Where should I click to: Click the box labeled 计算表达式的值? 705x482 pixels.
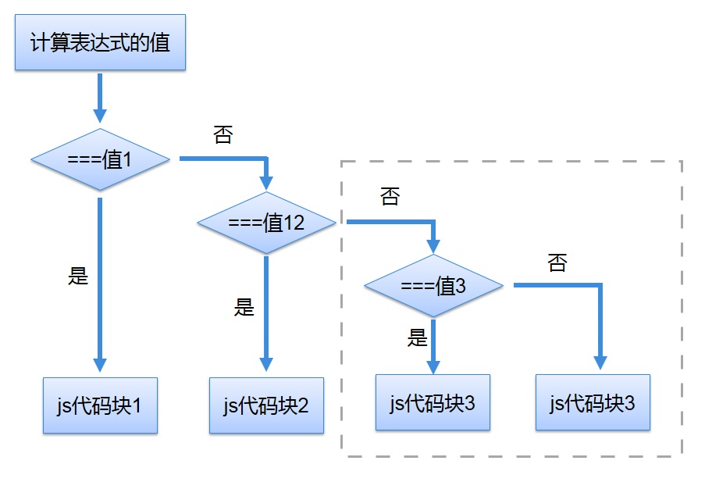(100, 42)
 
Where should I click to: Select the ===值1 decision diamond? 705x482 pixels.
(100, 159)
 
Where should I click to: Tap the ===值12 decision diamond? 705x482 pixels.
(266, 223)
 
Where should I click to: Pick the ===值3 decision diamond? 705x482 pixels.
(433, 286)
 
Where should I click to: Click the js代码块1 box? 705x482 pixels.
(100, 405)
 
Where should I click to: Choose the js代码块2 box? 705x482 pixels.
(266, 405)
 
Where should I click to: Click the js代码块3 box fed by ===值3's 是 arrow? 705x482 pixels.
(433, 402)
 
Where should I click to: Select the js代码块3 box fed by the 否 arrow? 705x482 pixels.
(593, 402)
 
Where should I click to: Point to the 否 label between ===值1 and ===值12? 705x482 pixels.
(223, 134)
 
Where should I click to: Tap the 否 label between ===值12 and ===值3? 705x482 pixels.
(390, 197)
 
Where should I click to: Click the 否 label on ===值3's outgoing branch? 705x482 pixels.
(557, 262)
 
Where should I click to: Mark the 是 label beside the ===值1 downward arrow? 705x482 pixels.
(79, 276)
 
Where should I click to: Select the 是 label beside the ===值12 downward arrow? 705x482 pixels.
(244, 307)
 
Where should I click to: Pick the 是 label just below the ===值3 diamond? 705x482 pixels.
(418, 337)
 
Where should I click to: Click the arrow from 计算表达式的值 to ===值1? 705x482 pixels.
(100, 98)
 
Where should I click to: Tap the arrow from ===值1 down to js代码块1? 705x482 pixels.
(100, 281)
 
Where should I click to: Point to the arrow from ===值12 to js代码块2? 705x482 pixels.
(266, 312)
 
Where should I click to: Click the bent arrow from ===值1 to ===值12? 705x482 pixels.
(226, 159)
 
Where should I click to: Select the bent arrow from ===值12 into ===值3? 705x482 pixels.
(390, 223)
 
